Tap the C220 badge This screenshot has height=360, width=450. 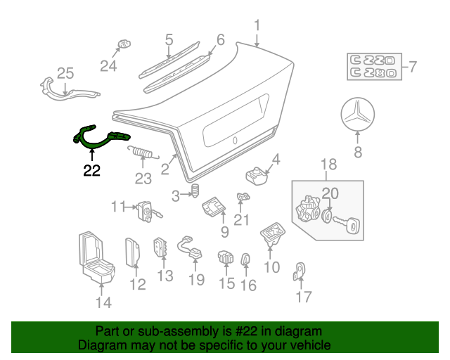coord(375,60)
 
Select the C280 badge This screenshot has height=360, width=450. coord(375,72)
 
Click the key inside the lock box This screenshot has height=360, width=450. coord(349,224)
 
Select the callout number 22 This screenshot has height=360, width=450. coord(92,170)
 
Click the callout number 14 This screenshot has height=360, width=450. coord(103,303)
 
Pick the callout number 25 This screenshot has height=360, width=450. coord(65,73)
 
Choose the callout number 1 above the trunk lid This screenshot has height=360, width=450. coord(257,25)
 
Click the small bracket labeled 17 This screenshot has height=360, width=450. coord(300,269)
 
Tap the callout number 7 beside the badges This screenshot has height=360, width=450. coord(412,67)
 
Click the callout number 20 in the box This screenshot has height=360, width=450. coord(330,193)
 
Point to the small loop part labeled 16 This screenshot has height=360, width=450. coord(246,259)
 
